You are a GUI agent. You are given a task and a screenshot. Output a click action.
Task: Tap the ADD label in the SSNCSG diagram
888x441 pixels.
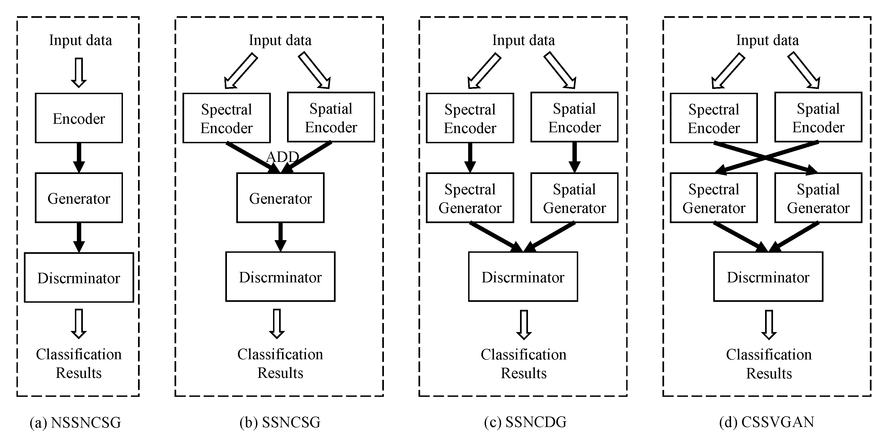point(282,157)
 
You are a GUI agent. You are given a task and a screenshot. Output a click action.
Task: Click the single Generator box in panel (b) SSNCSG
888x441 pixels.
point(280,198)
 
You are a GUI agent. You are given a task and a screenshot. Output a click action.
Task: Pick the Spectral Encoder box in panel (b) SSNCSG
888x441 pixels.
point(226,118)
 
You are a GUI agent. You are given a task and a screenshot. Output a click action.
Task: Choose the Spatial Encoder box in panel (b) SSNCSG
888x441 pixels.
point(331,117)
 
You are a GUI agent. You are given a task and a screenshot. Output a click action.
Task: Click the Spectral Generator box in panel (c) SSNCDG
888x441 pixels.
point(470,198)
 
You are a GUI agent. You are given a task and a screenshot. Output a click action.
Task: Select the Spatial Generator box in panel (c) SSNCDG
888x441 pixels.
point(574,198)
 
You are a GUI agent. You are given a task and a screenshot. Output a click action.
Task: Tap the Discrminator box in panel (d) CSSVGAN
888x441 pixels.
point(768,277)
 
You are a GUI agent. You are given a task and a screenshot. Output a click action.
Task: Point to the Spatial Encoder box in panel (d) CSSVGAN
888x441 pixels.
point(818,117)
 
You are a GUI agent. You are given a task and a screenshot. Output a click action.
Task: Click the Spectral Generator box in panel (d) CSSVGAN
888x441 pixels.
point(713,198)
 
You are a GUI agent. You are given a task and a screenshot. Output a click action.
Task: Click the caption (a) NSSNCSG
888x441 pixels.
point(75,422)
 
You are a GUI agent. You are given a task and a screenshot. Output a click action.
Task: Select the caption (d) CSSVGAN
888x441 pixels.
point(767,422)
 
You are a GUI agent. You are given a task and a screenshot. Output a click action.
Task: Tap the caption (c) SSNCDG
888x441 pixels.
point(525,422)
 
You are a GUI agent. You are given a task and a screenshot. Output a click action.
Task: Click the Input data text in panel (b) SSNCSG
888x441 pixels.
point(280,40)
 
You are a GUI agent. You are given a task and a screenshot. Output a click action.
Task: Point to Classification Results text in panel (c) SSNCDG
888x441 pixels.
point(523,364)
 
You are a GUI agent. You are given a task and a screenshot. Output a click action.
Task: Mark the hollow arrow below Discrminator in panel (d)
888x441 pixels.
point(769,324)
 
